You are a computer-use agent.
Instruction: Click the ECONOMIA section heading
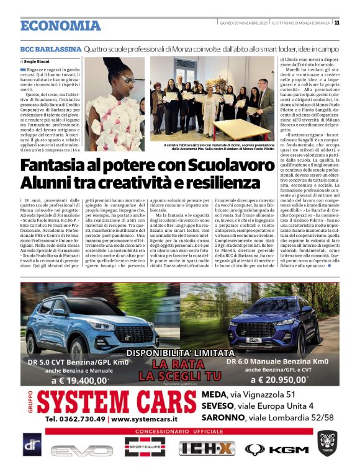point(60,25)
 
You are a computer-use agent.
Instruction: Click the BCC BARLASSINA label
point(50,48)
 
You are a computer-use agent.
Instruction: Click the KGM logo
point(277,448)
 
